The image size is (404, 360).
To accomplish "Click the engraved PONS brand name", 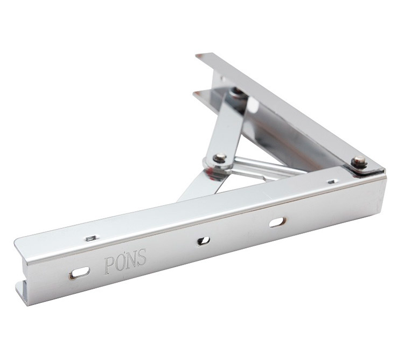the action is pyautogui.click(x=126, y=261).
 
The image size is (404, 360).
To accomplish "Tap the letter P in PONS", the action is pyautogui.click(x=109, y=265).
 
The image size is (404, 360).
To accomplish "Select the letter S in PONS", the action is pyautogui.click(x=142, y=257).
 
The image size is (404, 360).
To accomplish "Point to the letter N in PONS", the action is pyautogui.click(x=131, y=259).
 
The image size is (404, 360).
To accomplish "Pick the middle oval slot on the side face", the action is pyautogui.click(x=204, y=241).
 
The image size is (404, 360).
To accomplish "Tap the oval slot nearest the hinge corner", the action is pyautogui.click(x=277, y=222).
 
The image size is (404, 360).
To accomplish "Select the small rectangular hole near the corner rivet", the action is pyautogui.click(x=332, y=182).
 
